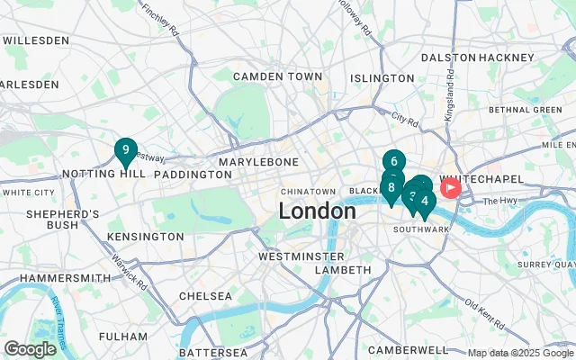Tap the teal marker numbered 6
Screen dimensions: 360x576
[393, 163]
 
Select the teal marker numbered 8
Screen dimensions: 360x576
[391, 188]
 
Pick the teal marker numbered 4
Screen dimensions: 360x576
[425, 202]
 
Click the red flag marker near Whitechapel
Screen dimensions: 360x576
[449, 188]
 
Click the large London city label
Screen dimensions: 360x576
[317, 211]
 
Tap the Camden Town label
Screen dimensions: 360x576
[277, 76]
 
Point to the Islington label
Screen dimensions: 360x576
[382, 78]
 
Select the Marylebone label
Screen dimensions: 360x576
[258, 161]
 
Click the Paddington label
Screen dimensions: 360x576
[193, 174]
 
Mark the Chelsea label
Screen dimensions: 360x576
[205, 295]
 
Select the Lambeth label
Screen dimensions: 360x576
[343, 270]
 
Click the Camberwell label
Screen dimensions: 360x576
[408, 349]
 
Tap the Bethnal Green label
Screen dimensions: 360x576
[525, 110]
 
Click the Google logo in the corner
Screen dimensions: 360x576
[30, 349]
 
